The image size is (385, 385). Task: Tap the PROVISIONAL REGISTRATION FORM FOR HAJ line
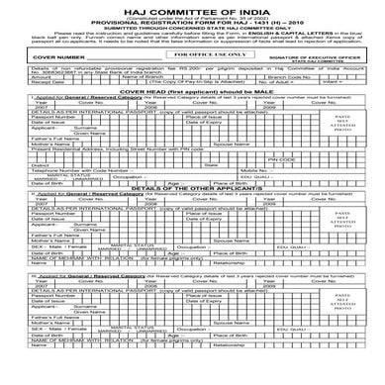click(192, 23)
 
